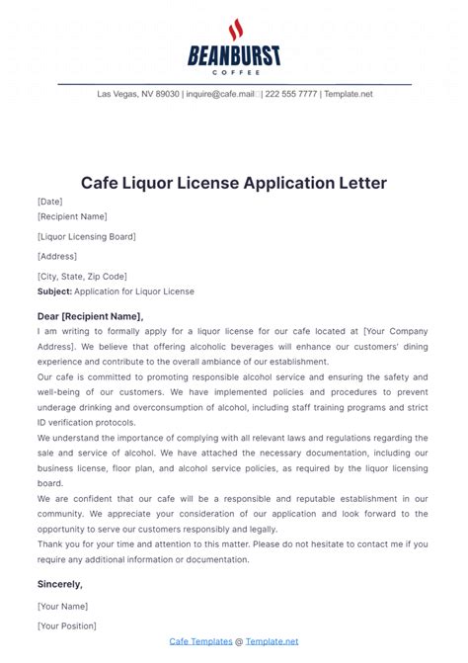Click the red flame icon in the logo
pyautogui.click(x=234, y=30)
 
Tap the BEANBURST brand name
pyautogui.click(x=234, y=56)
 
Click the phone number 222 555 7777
pyautogui.click(x=293, y=94)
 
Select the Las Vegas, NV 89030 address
pyautogui.click(x=138, y=94)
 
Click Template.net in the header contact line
pyautogui.click(x=351, y=94)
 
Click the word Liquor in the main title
pyautogui.click(x=185, y=183)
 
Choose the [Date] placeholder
pyautogui.click(x=50, y=201)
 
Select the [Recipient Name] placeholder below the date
pyautogui.click(x=72, y=216)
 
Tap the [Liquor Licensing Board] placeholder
pyautogui.click(x=87, y=236)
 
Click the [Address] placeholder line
pyautogui.click(x=57, y=256)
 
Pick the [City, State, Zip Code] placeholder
pyautogui.click(x=82, y=277)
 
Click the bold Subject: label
pyautogui.click(x=54, y=291)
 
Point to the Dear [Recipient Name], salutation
pyautogui.click(x=90, y=316)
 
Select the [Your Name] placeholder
pyautogui.click(x=63, y=605)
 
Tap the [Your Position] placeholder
pyautogui.click(x=67, y=625)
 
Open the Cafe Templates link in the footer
pyautogui.click(x=200, y=641)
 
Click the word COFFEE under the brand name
pyautogui.click(x=234, y=71)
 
